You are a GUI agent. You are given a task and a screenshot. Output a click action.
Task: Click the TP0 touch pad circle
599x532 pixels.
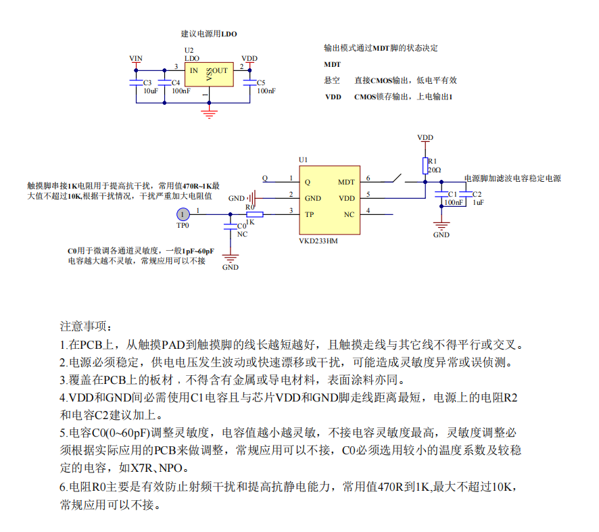tap(182, 214)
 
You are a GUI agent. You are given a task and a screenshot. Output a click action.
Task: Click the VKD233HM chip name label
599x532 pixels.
tap(318, 240)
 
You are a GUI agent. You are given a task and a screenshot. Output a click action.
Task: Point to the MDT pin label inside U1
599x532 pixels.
tap(346, 182)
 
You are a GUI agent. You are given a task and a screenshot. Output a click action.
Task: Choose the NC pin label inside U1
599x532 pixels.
tap(349, 215)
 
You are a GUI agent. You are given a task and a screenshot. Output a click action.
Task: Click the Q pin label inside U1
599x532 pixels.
tap(307, 182)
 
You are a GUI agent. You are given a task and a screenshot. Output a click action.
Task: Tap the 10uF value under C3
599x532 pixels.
tap(150, 91)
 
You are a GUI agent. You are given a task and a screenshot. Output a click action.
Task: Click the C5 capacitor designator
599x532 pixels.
tap(262, 82)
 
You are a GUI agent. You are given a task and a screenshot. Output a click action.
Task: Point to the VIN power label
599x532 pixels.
tap(136, 59)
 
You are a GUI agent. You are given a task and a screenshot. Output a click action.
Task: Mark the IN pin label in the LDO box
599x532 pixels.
tap(193, 70)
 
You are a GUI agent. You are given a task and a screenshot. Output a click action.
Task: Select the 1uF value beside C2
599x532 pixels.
tap(478, 202)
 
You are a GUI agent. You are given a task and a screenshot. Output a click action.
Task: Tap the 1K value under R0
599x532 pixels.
tap(251, 222)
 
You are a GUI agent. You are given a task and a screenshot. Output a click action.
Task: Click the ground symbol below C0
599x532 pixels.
tap(231, 258)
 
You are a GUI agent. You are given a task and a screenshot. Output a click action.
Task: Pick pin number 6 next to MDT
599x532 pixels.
tap(368, 178)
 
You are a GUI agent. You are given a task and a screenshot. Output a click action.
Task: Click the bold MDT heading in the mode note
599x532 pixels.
tap(333, 65)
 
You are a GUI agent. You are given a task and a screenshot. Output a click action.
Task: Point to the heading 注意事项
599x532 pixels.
tap(82, 327)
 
